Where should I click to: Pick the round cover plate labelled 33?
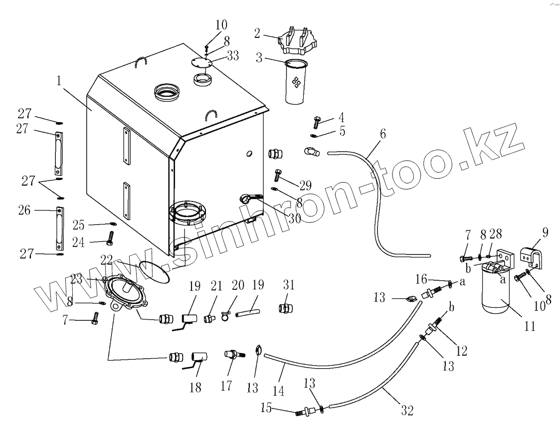coord(202,62)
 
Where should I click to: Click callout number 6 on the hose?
coord(382,134)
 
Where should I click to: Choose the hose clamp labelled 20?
coord(225,315)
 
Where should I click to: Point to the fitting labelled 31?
coord(286,308)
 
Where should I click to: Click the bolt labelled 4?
coord(317,121)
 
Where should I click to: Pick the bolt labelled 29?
coord(278,176)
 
